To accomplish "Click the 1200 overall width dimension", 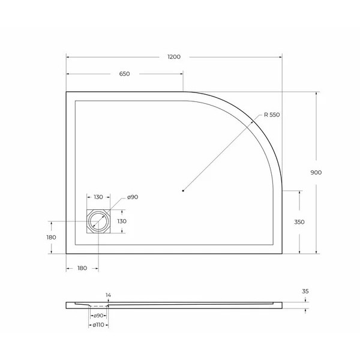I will point(173,56).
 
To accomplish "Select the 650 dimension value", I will point(124,74).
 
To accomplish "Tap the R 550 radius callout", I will point(271,115).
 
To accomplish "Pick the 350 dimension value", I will point(299,222).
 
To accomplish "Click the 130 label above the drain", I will point(98,197).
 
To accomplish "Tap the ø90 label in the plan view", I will point(133,197).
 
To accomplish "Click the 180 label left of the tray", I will point(51,237).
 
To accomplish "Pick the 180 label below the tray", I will point(82,268).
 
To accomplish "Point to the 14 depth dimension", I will point(108,295).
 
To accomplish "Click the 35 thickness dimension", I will point(305,292).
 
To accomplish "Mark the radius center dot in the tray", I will point(183,191).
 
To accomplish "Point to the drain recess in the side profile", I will point(98,307).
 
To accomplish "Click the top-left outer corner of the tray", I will point(66,92).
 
